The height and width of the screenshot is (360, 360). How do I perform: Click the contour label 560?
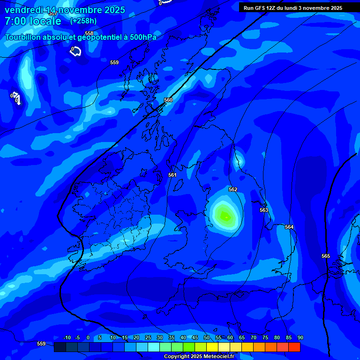click(168, 100)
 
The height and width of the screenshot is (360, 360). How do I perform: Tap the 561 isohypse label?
click(172, 175)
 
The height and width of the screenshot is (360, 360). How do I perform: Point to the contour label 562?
click(233, 189)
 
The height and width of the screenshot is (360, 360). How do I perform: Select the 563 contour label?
click(264, 210)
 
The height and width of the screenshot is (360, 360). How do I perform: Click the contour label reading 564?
click(289, 227)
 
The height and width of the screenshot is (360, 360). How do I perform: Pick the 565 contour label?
click(326, 256)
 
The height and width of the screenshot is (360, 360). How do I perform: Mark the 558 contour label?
click(89, 33)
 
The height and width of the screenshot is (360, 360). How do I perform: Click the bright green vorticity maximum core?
click(225, 216)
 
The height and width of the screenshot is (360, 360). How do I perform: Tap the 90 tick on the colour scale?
click(300, 337)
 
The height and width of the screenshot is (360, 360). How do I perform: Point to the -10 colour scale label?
click(66, 337)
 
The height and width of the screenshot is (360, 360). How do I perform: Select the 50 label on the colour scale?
click(207, 337)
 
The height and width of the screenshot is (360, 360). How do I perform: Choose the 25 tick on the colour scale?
click(148, 337)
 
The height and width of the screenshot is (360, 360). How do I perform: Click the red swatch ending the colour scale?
click(294, 347)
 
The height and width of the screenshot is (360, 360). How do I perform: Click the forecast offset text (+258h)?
click(83, 21)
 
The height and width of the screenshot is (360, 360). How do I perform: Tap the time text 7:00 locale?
click(33, 21)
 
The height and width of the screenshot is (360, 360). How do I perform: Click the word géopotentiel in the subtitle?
click(94, 37)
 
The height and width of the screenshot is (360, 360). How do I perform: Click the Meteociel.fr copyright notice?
click(199, 356)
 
